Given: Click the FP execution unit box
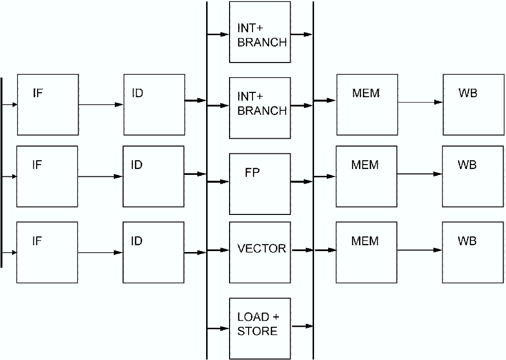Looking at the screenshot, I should coord(260,184).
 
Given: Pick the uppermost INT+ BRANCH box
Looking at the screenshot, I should coord(260,32).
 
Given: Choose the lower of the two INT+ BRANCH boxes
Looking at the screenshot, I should coord(260,107).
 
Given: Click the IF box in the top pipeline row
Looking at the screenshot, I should coord(48,105).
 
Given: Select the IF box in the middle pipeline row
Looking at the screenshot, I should coord(47,176).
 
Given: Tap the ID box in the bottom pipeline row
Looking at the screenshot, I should coord(153,253).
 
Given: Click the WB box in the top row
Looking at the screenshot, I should coord(473,105).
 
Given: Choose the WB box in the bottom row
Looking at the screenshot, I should coord(473,253).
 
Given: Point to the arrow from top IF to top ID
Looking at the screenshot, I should coord(101,105).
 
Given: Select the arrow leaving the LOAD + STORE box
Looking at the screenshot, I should coord(302,326).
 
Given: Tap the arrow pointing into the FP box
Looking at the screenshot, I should coord(218,182).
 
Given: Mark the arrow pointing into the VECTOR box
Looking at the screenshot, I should coord(218,250).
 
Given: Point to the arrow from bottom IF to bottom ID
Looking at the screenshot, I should coord(100,253).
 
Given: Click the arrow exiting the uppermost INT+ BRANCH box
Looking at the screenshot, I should coord(301,35).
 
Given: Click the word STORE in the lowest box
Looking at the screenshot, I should coord(257,331).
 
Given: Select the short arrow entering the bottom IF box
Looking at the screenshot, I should coord(9,253).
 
